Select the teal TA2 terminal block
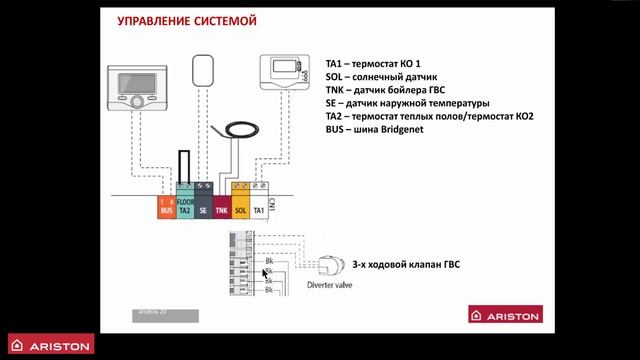pyautogui.click(x=185, y=206)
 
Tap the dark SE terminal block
pyautogui.click(x=203, y=209)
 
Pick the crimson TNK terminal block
pyautogui.click(x=222, y=209)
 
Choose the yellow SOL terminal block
pyautogui.click(x=240, y=209)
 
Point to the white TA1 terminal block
pyautogui.click(x=258, y=209)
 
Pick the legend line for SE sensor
pyautogui.click(x=407, y=102)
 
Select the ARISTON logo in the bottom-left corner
pyautogui.click(x=47, y=346)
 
